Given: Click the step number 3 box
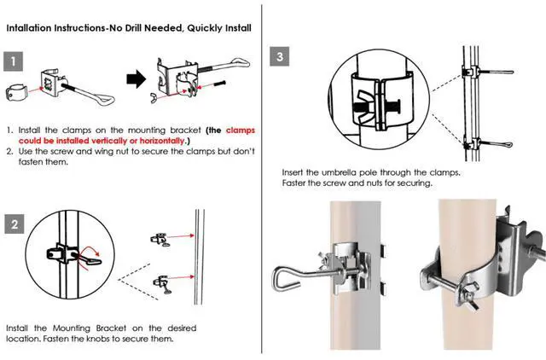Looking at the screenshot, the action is pos(282,57).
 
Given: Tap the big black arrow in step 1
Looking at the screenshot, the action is pos(136,81).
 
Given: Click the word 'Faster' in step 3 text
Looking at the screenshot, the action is pos(297,183).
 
